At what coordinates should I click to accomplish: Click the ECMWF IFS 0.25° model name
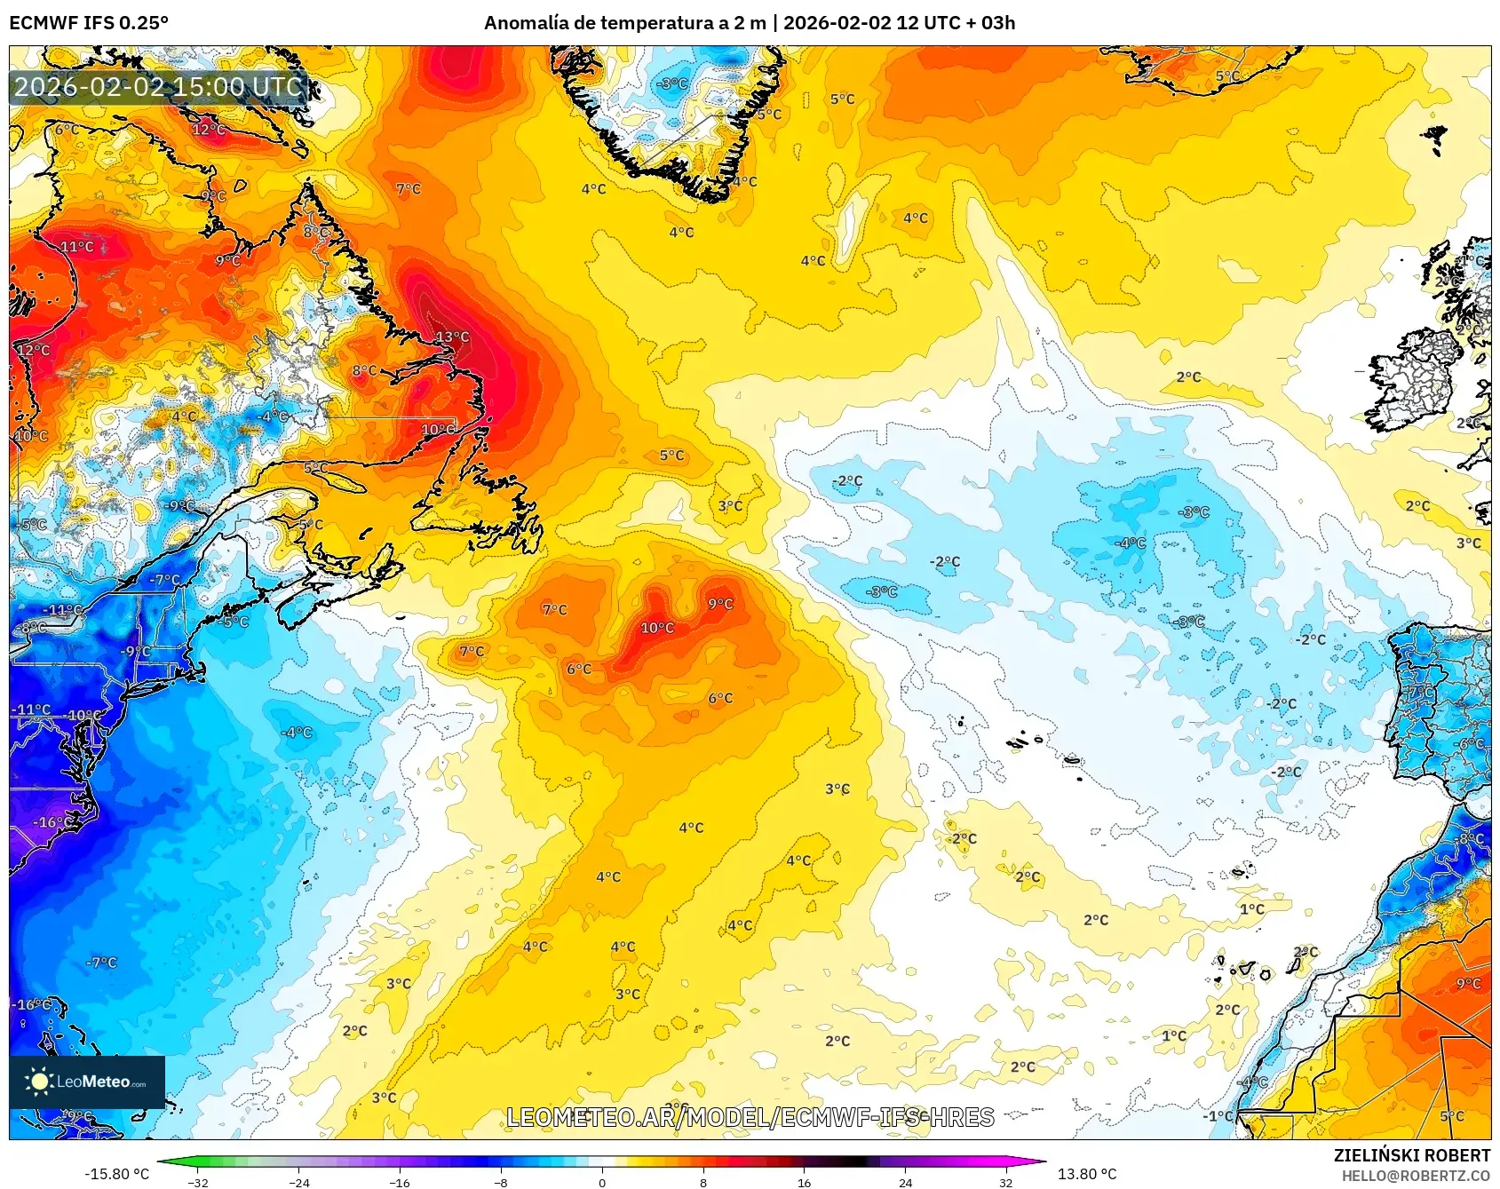(89, 23)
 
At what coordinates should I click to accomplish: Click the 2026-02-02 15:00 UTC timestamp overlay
(158, 87)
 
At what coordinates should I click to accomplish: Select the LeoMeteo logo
(87, 1082)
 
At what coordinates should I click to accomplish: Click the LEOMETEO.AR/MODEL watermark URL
(750, 1117)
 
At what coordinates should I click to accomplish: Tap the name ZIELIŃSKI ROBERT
(1411, 1155)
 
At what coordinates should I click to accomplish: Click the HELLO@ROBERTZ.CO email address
(1416, 1176)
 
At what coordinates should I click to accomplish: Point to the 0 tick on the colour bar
(602, 1182)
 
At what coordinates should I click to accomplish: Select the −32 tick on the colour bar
(198, 1182)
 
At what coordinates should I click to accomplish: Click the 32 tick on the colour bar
(1005, 1182)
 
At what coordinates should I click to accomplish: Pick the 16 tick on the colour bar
(804, 1182)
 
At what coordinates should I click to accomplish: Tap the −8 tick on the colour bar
(501, 1182)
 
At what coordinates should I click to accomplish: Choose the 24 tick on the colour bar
(905, 1182)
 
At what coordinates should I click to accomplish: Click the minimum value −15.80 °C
(116, 1174)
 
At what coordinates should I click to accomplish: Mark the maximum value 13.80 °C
(1086, 1174)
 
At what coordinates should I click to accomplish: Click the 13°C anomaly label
(452, 337)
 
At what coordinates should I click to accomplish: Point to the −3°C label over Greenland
(672, 83)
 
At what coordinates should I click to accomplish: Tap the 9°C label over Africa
(1468, 984)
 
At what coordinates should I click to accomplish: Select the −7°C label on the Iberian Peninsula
(1420, 691)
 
